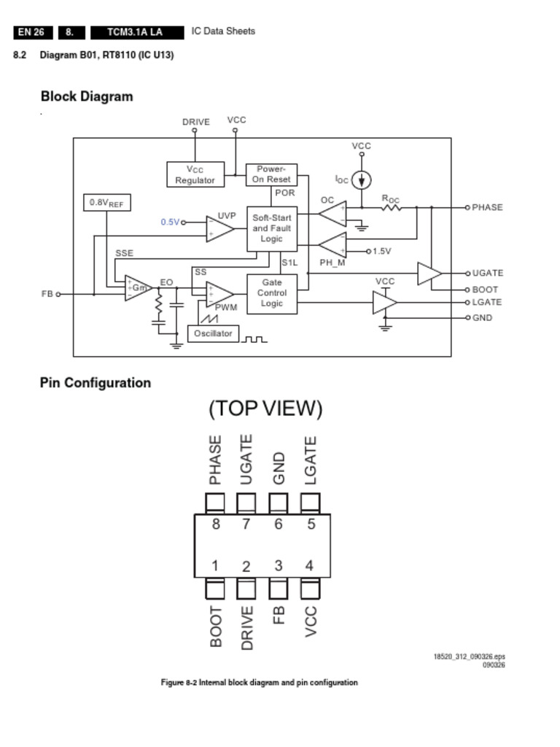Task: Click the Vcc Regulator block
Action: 195,175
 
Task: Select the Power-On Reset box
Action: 271,174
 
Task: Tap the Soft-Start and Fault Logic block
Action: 271,228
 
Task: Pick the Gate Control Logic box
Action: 271,293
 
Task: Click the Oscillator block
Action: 213,333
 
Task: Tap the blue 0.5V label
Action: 169,222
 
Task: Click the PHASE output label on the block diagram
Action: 487,208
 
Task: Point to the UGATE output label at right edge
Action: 487,273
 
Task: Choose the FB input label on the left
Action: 47,294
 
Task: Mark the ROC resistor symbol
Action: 391,208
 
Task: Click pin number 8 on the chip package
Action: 215,523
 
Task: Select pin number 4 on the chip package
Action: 310,565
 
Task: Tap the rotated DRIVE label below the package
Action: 246,627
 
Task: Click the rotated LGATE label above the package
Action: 311,460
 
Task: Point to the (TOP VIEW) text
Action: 265,409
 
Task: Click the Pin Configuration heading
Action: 96,383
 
